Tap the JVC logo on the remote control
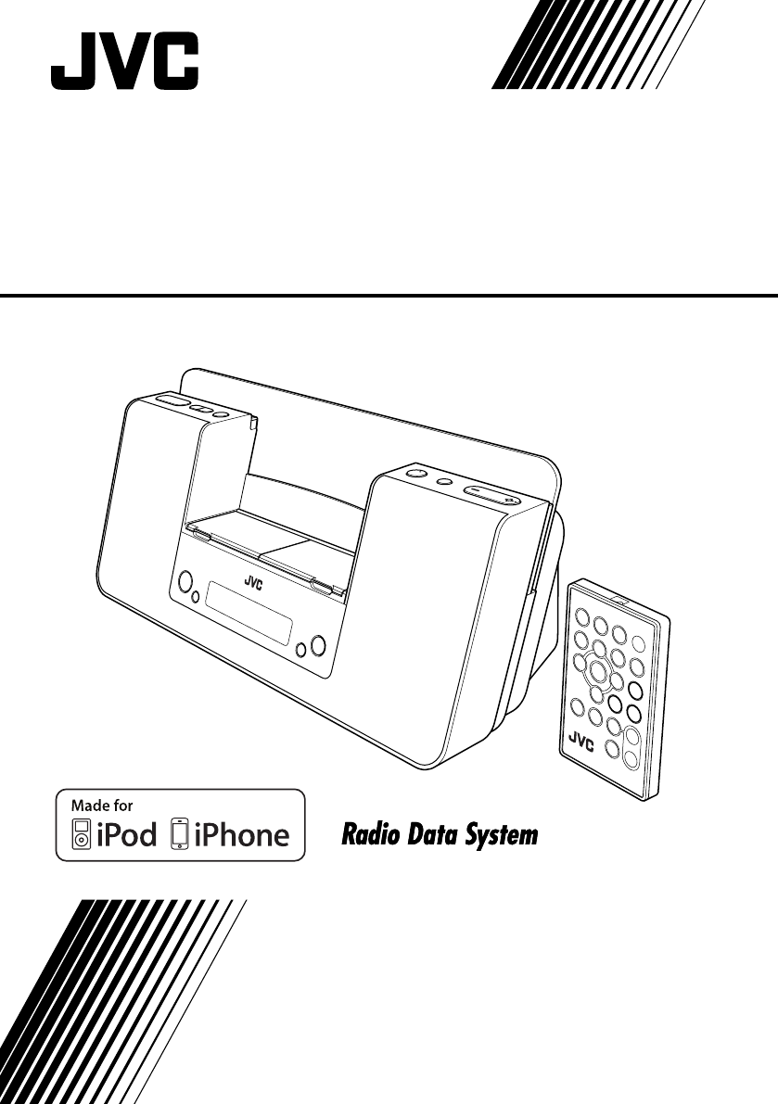579,740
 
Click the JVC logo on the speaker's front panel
254,581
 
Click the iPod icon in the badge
83,834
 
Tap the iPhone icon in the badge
180,834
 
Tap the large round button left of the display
185,582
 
